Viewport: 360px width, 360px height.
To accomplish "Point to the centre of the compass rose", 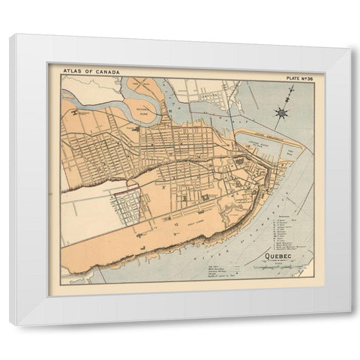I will [282, 113].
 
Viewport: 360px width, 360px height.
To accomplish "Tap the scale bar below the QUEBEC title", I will [278, 271].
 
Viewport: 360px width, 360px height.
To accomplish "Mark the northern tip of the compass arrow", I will [292, 89].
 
